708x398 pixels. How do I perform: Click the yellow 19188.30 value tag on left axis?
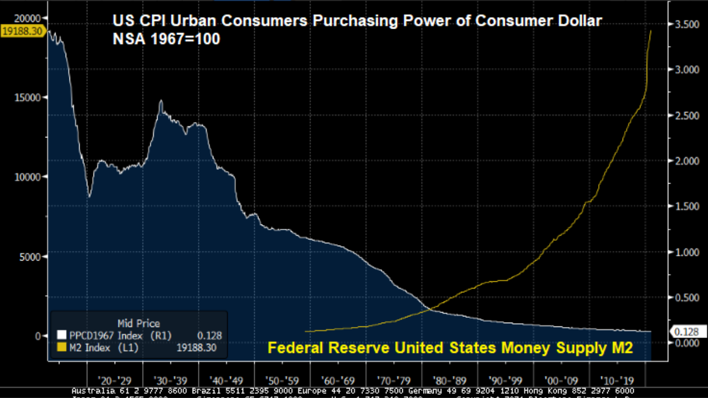tap(22, 31)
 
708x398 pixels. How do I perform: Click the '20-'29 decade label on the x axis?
tap(115, 380)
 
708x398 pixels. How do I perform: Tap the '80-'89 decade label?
tap(450, 380)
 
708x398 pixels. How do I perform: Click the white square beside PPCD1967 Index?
tap(61, 335)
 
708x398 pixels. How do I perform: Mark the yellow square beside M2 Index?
tap(61, 348)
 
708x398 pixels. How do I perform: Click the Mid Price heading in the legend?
tap(138, 323)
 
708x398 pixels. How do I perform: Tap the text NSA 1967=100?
tap(166, 39)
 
